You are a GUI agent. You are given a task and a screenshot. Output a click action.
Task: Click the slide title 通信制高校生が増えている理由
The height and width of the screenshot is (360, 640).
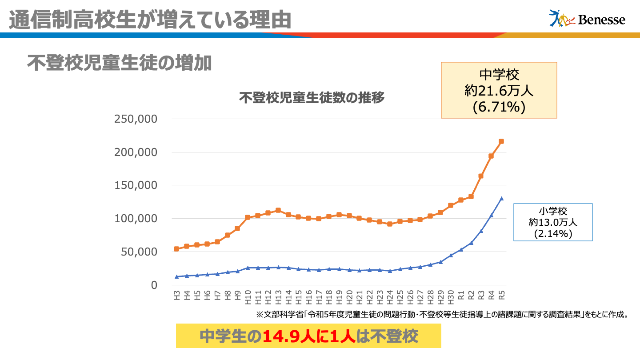(x=150, y=19)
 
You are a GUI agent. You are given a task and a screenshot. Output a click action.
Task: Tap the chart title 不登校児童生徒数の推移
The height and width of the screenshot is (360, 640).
(x=312, y=98)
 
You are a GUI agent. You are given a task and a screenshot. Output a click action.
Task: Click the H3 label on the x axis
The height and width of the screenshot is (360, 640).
(x=177, y=295)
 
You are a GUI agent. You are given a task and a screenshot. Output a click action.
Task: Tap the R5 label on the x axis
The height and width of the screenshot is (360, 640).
(x=501, y=295)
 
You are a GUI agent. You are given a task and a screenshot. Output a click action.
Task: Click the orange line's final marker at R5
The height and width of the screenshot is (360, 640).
(x=501, y=141)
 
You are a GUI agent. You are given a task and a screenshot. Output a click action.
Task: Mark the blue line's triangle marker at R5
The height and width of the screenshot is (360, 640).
(x=501, y=199)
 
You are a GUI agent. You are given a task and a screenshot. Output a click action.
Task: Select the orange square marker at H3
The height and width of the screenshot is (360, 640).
(x=176, y=249)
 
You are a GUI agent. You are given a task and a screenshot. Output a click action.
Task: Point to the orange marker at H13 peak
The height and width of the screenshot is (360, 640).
(x=278, y=210)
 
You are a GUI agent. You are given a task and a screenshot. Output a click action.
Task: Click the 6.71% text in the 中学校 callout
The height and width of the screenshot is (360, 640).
(x=499, y=107)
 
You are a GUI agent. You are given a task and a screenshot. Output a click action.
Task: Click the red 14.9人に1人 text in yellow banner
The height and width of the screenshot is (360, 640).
(x=309, y=336)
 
